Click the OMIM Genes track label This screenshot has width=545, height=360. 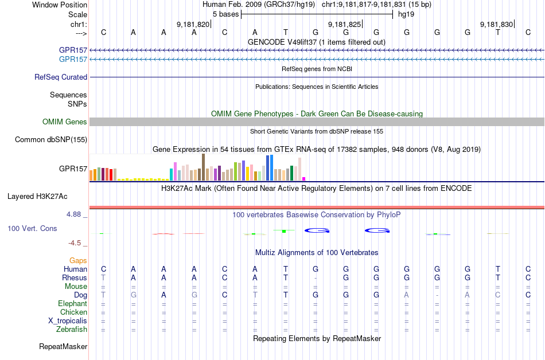point(64,122)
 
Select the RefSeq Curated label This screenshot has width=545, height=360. point(61,77)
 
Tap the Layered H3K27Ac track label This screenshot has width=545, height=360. point(37,196)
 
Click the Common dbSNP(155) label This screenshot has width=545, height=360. point(51,139)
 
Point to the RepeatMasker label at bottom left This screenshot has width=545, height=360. point(63,346)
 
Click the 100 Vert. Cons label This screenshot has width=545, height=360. point(32,228)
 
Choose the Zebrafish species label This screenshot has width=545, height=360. point(72,330)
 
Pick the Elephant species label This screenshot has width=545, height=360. point(72,303)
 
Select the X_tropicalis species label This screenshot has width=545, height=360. point(68,321)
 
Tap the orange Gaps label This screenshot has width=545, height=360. point(78,260)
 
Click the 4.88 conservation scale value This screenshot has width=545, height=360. point(75,214)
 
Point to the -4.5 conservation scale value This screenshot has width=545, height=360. point(76,242)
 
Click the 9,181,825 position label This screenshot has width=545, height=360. point(344,25)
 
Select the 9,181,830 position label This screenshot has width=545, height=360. point(496,25)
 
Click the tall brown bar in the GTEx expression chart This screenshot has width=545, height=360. point(203,167)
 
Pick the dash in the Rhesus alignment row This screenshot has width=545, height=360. point(315,277)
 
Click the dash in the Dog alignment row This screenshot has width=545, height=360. point(437,295)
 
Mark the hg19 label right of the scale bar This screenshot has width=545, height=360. point(406,14)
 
